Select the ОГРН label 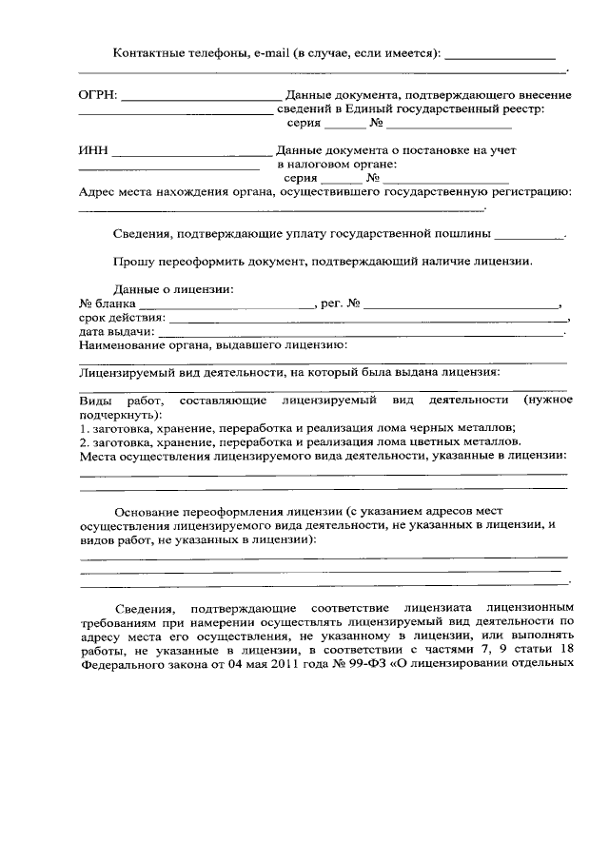point(98,95)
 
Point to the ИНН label point(93,150)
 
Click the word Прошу point(136,261)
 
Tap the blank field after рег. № point(462,306)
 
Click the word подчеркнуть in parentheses point(118,415)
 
